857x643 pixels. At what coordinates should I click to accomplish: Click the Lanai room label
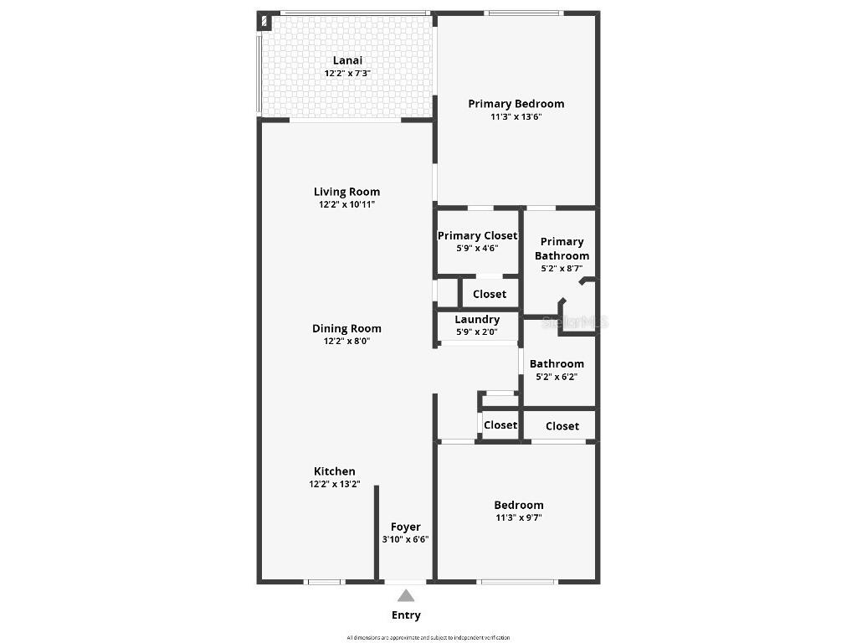(x=347, y=60)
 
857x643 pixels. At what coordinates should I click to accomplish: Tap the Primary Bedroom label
(x=516, y=104)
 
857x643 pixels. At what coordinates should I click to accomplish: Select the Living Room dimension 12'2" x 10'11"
(x=346, y=204)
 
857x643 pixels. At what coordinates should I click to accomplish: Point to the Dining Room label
(x=346, y=328)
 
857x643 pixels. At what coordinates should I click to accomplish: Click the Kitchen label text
(x=335, y=471)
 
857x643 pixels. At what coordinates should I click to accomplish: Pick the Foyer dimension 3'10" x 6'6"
(x=406, y=539)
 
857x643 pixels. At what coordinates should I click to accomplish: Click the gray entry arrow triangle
(x=406, y=595)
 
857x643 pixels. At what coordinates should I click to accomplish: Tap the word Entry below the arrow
(x=406, y=615)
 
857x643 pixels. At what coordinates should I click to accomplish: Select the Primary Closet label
(x=477, y=236)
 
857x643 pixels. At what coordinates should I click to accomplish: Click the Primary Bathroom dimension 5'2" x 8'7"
(x=562, y=269)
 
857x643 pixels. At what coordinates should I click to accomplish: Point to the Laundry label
(x=477, y=319)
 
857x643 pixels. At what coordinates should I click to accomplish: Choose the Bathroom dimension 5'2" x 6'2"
(x=557, y=377)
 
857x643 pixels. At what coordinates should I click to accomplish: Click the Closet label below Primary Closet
(x=490, y=294)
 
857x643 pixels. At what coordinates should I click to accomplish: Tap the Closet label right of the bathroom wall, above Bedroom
(x=562, y=426)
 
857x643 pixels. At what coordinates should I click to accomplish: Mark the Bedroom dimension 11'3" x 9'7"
(x=518, y=517)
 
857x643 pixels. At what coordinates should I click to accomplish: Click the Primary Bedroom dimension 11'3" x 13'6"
(x=516, y=116)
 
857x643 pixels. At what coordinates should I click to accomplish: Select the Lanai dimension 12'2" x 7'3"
(x=347, y=73)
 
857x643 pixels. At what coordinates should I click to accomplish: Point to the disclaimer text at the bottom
(x=428, y=637)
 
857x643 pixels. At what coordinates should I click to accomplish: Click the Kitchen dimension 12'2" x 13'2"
(x=335, y=484)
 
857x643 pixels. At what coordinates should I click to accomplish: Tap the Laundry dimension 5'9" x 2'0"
(x=477, y=332)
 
